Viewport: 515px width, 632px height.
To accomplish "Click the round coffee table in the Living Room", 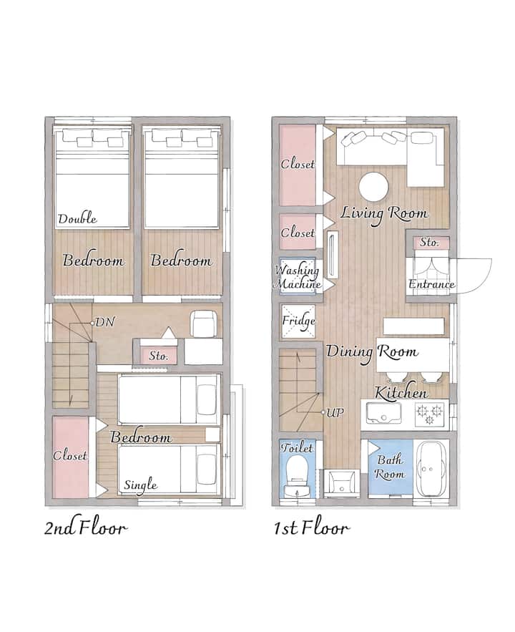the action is click(x=373, y=187).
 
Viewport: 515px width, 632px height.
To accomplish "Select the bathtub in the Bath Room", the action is click(x=431, y=469).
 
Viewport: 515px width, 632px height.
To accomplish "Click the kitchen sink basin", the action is click(x=383, y=413).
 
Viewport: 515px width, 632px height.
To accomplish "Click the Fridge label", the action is click(x=298, y=321).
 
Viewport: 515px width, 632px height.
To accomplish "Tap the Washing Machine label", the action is click(x=298, y=276).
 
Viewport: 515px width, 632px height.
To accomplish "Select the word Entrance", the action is click(x=431, y=284).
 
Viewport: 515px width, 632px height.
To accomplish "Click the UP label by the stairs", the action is click(x=335, y=412).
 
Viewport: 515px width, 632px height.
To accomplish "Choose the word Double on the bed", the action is click(x=78, y=218).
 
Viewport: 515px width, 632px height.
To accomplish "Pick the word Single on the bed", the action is click(x=140, y=485).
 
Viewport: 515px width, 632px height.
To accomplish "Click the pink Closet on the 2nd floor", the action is click(x=71, y=457).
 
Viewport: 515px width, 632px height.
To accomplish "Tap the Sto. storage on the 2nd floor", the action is click(x=158, y=356).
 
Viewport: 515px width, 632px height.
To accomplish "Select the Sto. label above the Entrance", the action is click(x=429, y=242).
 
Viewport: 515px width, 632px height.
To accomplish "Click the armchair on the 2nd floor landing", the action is click(x=204, y=324).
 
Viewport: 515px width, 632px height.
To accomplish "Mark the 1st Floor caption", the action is click(x=311, y=528).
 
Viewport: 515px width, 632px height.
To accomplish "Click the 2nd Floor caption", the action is click(x=85, y=528).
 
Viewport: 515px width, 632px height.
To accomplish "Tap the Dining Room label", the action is click(x=372, y=352).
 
